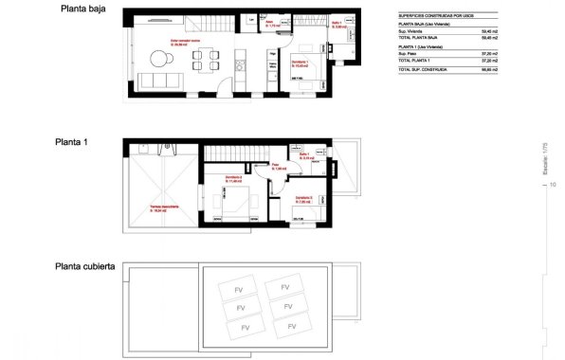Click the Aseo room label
270,25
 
